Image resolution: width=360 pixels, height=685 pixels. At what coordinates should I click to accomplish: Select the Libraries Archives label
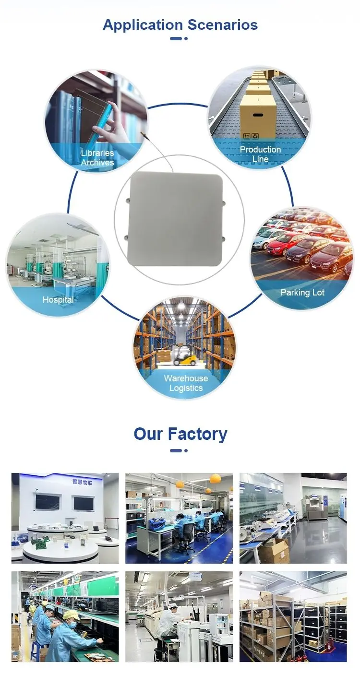click(x=97, y=158)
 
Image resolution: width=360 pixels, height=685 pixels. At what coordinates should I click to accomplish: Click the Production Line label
click(x=260, y=154)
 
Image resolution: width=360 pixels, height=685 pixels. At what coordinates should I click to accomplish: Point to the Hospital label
click(x=58, y=300)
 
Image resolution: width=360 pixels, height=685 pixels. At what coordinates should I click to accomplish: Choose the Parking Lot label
click(x=302, y=293)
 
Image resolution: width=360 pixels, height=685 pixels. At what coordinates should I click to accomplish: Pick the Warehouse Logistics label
click(x=186, y=383)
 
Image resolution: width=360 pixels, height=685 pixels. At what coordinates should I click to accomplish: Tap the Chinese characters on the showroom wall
click(x=84, y=481)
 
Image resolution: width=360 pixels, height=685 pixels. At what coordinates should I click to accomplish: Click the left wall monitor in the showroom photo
click(x=48, y=502)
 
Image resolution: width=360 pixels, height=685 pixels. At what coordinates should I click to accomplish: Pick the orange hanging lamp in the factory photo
click(x=215, y=478)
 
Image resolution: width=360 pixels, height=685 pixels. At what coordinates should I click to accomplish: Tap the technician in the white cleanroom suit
click(x=168, y=624)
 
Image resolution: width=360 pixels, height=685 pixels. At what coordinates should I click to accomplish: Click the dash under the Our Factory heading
click(x=176, y=450)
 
